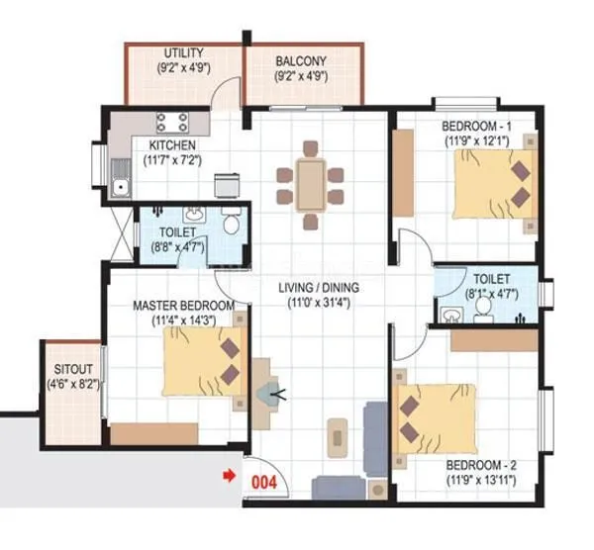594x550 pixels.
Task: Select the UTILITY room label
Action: coord(184,52)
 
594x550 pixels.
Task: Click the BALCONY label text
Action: coord(301,61)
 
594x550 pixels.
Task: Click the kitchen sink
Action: coord(122,184)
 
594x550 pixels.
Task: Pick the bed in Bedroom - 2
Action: coord(435,416)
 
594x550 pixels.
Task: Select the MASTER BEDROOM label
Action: coord(183,306)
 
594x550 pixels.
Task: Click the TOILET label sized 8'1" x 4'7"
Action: coord(491,279)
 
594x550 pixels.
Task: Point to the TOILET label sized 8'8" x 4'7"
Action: coord(176,233)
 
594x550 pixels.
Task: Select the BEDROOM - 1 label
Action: coord(477,128)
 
